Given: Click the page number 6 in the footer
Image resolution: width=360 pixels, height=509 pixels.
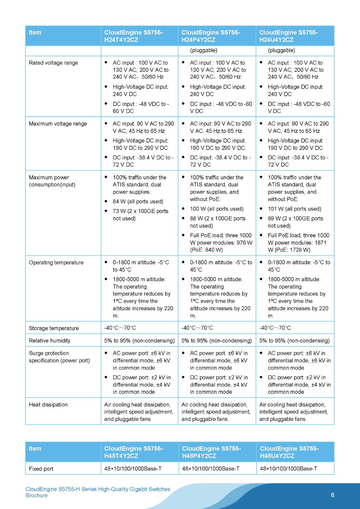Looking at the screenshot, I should pyautogui.click(x=333, y=495).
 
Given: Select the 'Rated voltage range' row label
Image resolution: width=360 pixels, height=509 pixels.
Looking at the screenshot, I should pyautogui.click(x=53, y=63).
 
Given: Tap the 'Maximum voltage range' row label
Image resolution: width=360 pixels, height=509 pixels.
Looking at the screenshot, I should pyautogui.click(x=58, y=124).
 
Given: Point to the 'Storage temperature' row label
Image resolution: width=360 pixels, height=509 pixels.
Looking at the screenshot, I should pyautogui.click(x=54, y=328).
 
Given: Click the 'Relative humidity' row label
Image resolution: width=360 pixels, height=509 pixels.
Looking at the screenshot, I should pyautogui.click(x=50, y=341).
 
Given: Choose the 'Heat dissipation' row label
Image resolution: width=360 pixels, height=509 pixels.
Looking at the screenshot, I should pyautogui.click(x=48, y=405).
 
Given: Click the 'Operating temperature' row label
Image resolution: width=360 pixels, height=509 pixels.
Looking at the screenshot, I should pyautogui.click(x=56, y=263).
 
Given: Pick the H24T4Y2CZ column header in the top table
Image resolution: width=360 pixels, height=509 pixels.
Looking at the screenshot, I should pyautogui.click(x=134, y=36).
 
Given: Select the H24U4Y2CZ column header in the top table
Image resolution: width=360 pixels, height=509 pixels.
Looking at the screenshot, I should pyautogui.click(x=288, y=36).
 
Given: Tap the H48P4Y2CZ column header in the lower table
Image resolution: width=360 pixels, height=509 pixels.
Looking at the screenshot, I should pyautogui.click(x=211, y=452).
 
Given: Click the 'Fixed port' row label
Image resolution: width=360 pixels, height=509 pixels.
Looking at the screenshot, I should pyautogui.click(x=41, y=469).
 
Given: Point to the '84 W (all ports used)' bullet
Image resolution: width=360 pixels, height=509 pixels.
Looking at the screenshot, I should pyautogui.click(x=138, y=202).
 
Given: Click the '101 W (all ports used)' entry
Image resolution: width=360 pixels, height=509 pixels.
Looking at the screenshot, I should pyautogui.click(x=294, y=209).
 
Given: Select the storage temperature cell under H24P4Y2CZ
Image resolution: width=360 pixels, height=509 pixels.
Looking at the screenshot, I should pyautogui.click(x=197, y=328).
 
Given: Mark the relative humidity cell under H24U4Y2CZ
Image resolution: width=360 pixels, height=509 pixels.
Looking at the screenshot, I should pyautogui.click(x=294, y=341).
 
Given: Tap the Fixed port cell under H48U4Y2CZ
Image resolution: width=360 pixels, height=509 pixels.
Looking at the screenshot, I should pyautogui.click(x=288, y=469).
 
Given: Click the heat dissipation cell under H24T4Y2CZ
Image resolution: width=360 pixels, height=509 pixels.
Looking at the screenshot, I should pyautogui.click(x=139, y=412).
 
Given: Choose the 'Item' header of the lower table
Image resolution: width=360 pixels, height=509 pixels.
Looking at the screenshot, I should pyautogui.click(x=35, y=449).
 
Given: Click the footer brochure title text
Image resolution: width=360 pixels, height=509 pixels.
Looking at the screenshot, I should pyautogui.click(x=98, y=492).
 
